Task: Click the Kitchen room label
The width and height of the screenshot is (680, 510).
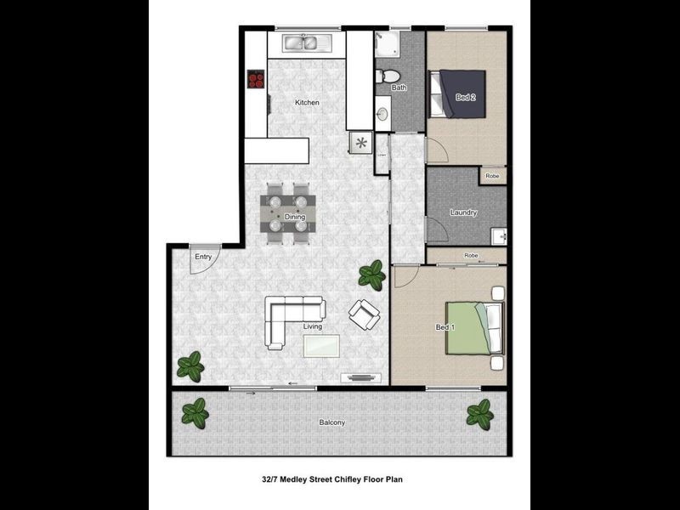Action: click(307, 103)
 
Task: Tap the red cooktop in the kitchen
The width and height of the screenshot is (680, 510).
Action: click(256, 79)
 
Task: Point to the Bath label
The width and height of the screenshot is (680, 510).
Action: click(399, 88)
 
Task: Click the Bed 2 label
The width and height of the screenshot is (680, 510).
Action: click(465, 97)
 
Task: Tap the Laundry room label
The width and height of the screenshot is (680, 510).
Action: click(463, 212)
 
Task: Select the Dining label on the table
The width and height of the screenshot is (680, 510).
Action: click(294, 217)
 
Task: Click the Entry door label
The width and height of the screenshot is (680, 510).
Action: click(203, 257)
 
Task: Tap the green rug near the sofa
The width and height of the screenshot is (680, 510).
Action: click(321, 345)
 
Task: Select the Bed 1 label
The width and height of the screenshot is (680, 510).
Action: click(445, 327)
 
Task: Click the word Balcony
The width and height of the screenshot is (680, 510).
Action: click(332, 422)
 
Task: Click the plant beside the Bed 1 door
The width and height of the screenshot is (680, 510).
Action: click(371, 274)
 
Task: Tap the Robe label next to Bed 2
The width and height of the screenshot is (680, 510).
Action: click(492, 176)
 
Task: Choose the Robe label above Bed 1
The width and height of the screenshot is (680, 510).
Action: click(471, 255)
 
